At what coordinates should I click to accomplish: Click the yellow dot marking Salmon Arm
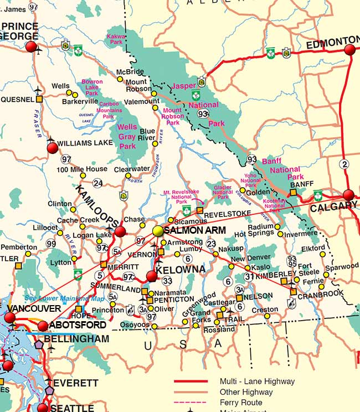tap(158, 230)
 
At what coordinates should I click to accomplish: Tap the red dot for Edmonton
tap(349, 50)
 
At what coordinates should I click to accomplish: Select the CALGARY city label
tap(334, 207)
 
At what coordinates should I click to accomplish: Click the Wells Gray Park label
tap(127, 136)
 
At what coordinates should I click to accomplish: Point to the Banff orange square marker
tap(294, 193)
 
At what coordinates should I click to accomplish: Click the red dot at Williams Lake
tap(53, 148)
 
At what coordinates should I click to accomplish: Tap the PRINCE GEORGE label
tap(20, 31)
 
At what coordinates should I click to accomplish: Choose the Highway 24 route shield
tap(98, 183)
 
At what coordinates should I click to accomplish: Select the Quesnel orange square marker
tap(39, 100)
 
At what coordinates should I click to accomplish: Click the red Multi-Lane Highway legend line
tap(191, 382)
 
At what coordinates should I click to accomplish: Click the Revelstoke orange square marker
tap(200, 210)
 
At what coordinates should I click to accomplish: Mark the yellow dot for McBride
tap(120, 79)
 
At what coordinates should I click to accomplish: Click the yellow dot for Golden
tap(242, 190)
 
